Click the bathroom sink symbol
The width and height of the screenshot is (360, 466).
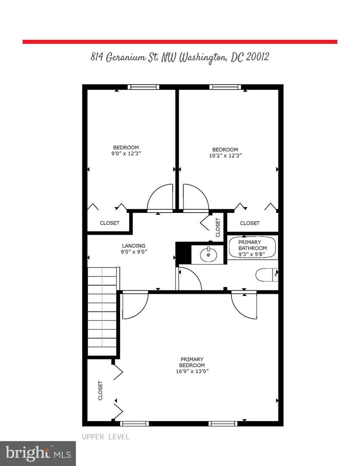pos(208,254)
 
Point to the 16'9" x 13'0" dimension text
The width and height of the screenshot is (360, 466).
pos(192,371)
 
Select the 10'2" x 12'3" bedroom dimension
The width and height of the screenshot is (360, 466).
pos(225,156)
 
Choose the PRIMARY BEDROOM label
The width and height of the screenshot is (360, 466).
pos(192,362)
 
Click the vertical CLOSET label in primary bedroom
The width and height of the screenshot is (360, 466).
pos(101,390)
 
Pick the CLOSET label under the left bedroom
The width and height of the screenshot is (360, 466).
pos(109,223)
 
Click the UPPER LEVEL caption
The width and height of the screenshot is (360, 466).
pos(106,437)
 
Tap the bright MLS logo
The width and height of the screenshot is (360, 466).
pos(38,453)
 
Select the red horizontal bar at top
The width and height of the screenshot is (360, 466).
pos(180,42)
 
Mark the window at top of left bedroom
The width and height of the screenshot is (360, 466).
pos(143,87)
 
